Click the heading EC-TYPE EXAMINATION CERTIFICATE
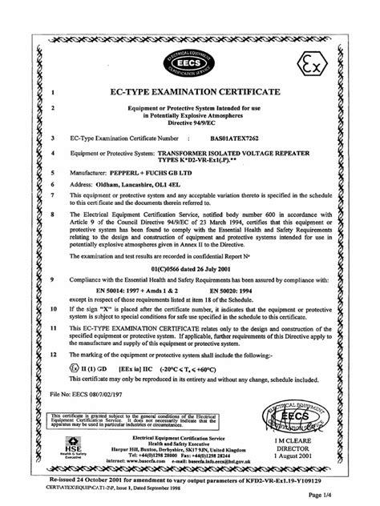pos(191,93)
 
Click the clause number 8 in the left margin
pos(53,215)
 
